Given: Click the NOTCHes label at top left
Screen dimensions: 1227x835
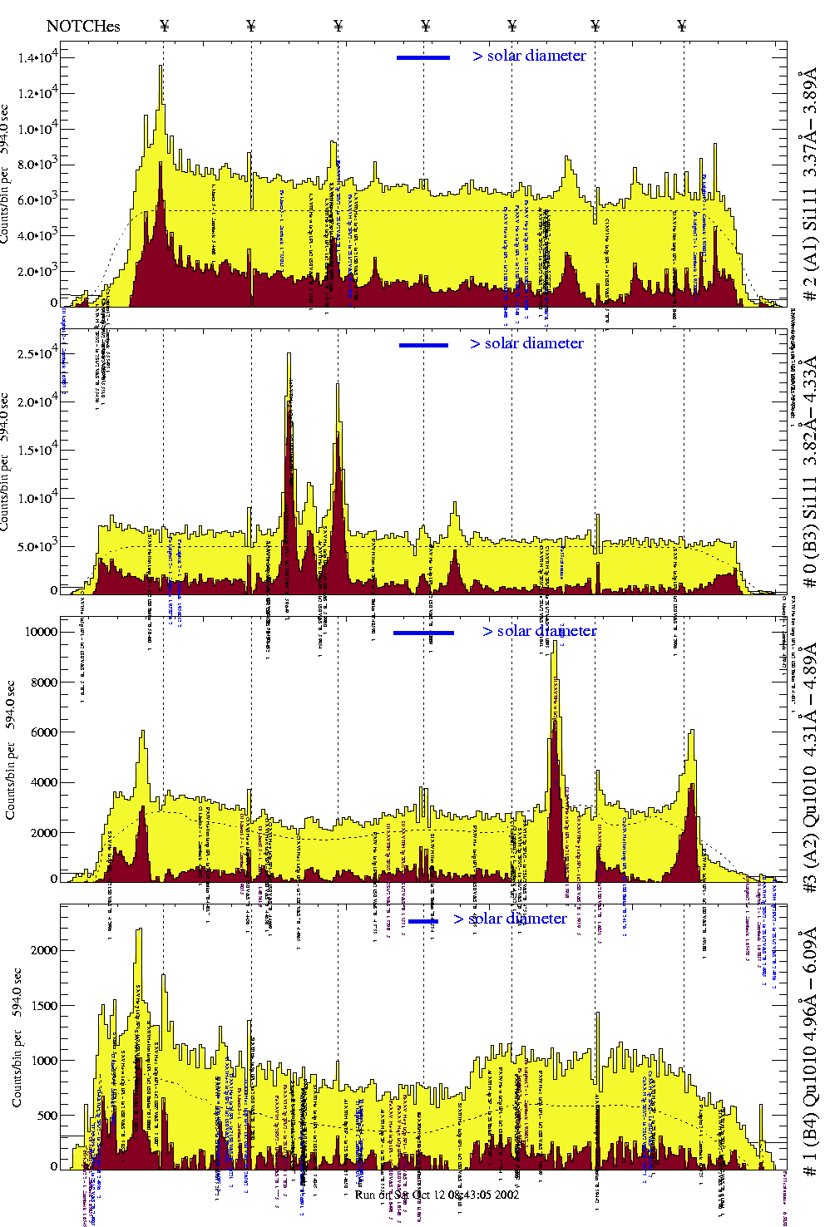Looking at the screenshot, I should (83, 26).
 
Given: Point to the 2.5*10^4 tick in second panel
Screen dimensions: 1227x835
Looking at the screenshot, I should (38, 354).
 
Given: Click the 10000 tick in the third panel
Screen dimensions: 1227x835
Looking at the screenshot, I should (41, 632).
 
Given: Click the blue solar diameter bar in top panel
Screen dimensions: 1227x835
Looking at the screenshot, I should (423, 57).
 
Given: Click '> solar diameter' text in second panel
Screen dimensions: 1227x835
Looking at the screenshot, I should (526, 343).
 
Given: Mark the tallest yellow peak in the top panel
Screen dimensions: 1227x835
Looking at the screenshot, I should (161, 67).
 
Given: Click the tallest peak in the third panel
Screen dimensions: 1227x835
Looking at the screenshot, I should (555, 641).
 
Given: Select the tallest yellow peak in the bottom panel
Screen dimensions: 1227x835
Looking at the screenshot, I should (138, 930).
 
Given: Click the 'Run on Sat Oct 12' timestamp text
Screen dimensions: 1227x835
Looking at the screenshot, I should (437, 1195).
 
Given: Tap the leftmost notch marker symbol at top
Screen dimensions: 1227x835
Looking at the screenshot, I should (164, 26).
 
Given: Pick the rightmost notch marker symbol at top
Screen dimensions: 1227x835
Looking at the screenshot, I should (682, 26).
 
